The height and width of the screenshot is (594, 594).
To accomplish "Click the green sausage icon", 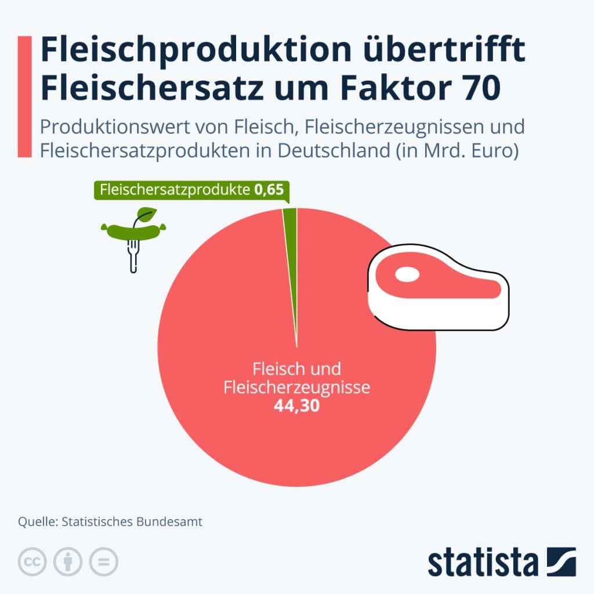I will [x=133, y=230].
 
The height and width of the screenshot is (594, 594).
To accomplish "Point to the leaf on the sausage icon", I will [x=147, y=213].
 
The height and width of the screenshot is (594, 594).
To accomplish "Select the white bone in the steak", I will [x=407, y=273].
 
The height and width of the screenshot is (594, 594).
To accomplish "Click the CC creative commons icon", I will [x=33, y=562].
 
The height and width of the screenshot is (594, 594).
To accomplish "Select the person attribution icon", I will [x=68, y=562].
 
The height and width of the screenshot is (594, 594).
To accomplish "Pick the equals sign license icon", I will [x=103, y=562].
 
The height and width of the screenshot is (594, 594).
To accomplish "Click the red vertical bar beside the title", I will [x=24, y=96].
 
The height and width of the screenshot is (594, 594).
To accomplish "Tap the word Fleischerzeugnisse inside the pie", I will [x=296, y=387].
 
